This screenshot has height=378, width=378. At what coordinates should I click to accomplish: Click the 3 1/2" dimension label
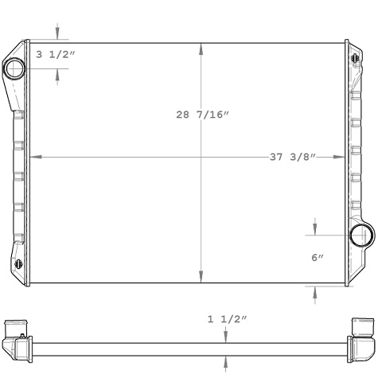pyautogui.click(x=55, y=55)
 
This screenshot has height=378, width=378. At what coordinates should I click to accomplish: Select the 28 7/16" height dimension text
pyautogui.click(x=202, y=115)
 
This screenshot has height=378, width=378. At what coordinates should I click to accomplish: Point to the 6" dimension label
pyautogui.click(x=317, y=258)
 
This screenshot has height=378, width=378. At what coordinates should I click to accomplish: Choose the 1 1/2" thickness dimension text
pyautogui.click(x=228, y=319)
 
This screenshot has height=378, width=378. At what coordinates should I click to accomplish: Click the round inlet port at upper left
pyautogui.click(x=15, y=68)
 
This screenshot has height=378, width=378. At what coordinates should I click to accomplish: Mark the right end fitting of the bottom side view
pyautogui.click(x=360, y=338)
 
